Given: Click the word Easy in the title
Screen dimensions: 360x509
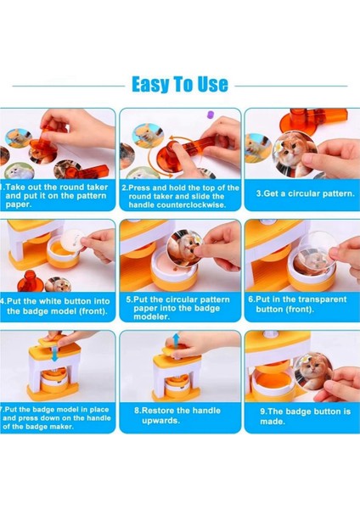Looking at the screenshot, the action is pos(151,84).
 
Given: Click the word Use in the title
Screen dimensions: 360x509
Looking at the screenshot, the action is pos(213,84).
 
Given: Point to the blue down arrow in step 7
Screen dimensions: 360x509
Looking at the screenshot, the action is pos(55,354).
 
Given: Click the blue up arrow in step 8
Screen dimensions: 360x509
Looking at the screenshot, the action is pos(176,341).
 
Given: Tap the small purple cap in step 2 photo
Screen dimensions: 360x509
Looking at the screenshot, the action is pos(211,115).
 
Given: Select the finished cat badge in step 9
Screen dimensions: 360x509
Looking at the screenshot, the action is pos(312,371).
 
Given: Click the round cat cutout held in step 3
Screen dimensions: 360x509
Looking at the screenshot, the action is pos(295,154).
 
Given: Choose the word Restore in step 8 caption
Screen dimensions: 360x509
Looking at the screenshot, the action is pos(158,411).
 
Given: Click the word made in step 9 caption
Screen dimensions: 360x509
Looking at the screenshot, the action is pos(272,422).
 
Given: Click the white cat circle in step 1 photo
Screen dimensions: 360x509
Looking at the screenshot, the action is pos(20,171).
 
